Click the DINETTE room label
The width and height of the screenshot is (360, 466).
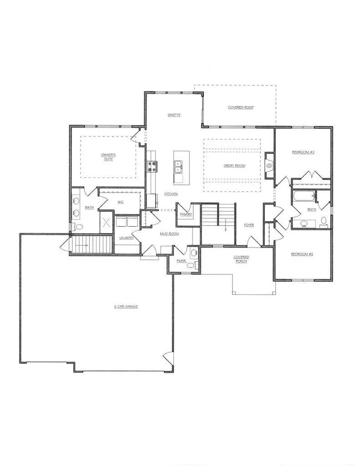pyautogui.click(x=174, y=115)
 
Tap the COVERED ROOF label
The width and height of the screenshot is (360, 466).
pyautogui.click(x=241, y=107)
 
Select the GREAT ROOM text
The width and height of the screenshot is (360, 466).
pyautogui.click(x=234, y=166)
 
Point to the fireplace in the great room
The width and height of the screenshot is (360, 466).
pyautogui.click(x=269, y=166)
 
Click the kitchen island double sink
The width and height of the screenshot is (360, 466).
pyautogui.click(x=178, y=167)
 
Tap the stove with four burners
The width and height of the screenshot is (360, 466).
pyautogui.click(x=151, y=167)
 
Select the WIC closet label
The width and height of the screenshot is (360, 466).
pyautogui.click(x=121, y=202)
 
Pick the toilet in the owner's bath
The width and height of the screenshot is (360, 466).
pyautogui.click(x=78, y=227)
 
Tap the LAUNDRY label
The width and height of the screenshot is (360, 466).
pyautogui.click(x=126, y=238)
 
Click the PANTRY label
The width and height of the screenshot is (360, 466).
pyautogui.click(x=186, y=214)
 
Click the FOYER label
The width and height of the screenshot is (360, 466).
pyautogui.click(x=248, y=225)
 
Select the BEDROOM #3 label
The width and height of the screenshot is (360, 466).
pyautogui.click(x=303, y=152)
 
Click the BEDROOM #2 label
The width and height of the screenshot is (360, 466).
pyautogui.click(x=302, y=254)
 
